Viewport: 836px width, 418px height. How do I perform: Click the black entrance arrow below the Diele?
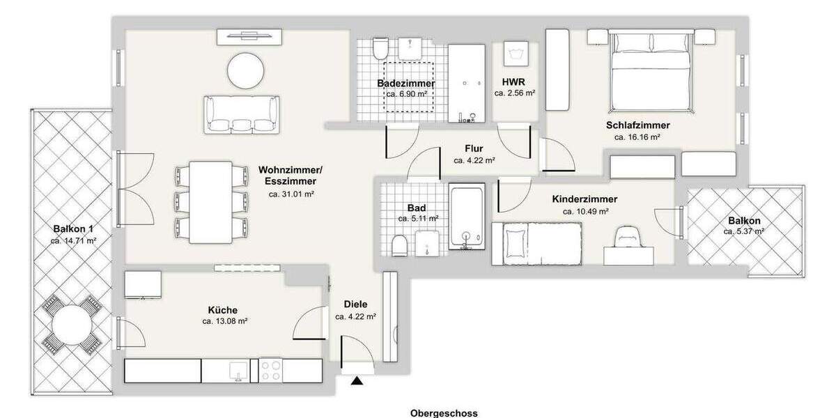tap(357, 380)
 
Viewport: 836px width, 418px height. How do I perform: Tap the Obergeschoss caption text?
tap(444, 412)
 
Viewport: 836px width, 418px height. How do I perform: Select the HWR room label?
tap(514, 82)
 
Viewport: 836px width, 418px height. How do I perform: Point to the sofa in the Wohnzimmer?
tap(242, 114)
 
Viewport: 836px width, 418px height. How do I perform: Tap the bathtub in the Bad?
tap(467, 217)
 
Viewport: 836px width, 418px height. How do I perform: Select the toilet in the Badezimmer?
tap(380, 48)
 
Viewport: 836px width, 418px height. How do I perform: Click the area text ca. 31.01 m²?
tap(291, 194)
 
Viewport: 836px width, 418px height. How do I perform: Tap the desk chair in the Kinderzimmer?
tap(629, 236)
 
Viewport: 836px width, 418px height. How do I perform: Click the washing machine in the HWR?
tap(515, 54)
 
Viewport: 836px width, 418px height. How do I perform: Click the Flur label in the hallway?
tap(474, 148)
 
